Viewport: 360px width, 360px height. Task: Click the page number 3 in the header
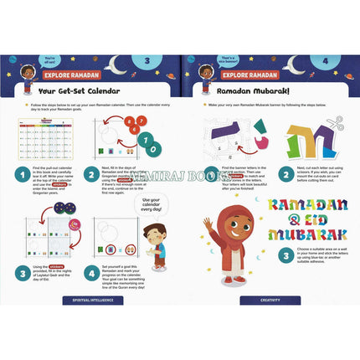[146, 61]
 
